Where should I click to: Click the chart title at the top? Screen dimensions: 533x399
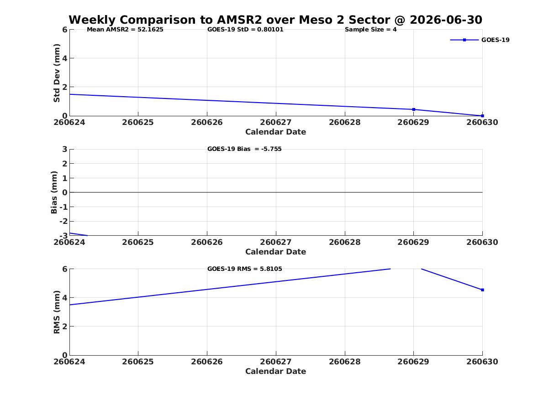[275, 20]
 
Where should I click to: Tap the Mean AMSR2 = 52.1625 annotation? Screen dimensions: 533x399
[125, 30]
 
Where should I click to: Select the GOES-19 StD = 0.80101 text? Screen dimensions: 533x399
[245, 30]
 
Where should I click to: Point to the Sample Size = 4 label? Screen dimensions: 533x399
[370, 30]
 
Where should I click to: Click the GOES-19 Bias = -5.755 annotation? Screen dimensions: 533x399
[244, 149]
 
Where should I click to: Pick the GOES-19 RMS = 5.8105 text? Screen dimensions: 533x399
[245, 269]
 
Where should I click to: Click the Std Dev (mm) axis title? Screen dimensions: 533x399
[57, 73]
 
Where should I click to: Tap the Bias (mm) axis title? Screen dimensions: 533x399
[54, 192]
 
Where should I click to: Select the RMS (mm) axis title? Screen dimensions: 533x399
[57, 312]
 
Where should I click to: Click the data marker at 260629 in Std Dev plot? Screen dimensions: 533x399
[414, 109]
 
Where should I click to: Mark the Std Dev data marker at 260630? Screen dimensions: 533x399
[482, 116]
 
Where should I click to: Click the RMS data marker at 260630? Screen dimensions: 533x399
[482, 290]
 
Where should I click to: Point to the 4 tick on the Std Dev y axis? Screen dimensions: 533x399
[64, 58]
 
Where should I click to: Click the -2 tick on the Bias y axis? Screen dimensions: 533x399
[63, 221]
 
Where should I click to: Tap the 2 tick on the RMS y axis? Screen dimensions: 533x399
[64, 327]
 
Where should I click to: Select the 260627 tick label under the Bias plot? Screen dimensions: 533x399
[276, 242]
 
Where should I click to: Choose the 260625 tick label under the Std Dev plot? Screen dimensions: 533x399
[138, 123]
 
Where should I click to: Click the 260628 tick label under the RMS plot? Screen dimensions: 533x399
[345, 362]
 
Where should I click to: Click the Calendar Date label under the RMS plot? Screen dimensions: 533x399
[276, 372]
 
